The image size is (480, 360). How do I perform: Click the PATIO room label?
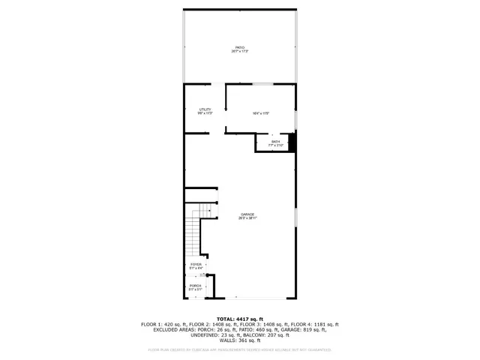point(240,47)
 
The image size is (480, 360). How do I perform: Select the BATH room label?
point(271,141)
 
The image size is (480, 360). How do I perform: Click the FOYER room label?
point(196,264)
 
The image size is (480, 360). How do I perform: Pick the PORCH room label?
point(195,286)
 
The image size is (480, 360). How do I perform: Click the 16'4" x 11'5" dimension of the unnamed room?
point(260,113)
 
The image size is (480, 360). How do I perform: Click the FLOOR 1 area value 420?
point(168,324)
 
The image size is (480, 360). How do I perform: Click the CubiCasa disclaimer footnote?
point(240,349)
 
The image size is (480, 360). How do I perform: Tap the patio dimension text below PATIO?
point(240,51)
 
